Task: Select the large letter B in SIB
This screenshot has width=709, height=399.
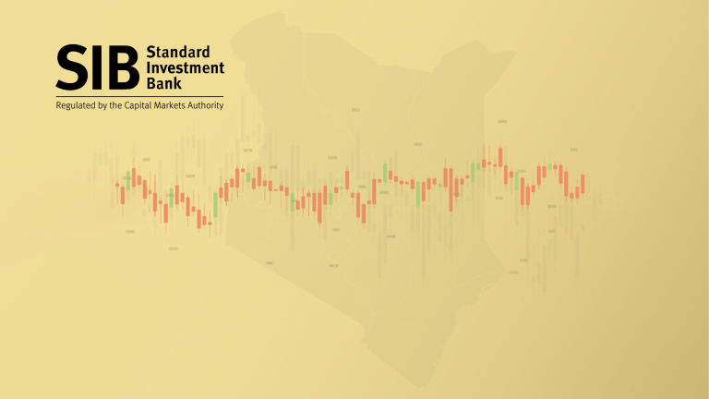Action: (124, 66)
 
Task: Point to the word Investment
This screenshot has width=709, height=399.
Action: (186, 67)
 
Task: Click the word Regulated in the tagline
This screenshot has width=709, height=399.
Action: (76, 105)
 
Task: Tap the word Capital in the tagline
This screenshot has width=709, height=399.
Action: (140, 105)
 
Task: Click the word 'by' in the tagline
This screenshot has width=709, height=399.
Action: (102, 105)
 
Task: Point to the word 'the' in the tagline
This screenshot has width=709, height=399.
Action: (116, 105)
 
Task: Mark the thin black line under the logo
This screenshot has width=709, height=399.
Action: (139, 95)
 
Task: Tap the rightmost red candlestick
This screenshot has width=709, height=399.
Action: (583, 183)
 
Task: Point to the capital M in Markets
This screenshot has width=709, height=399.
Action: (159, 105)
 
